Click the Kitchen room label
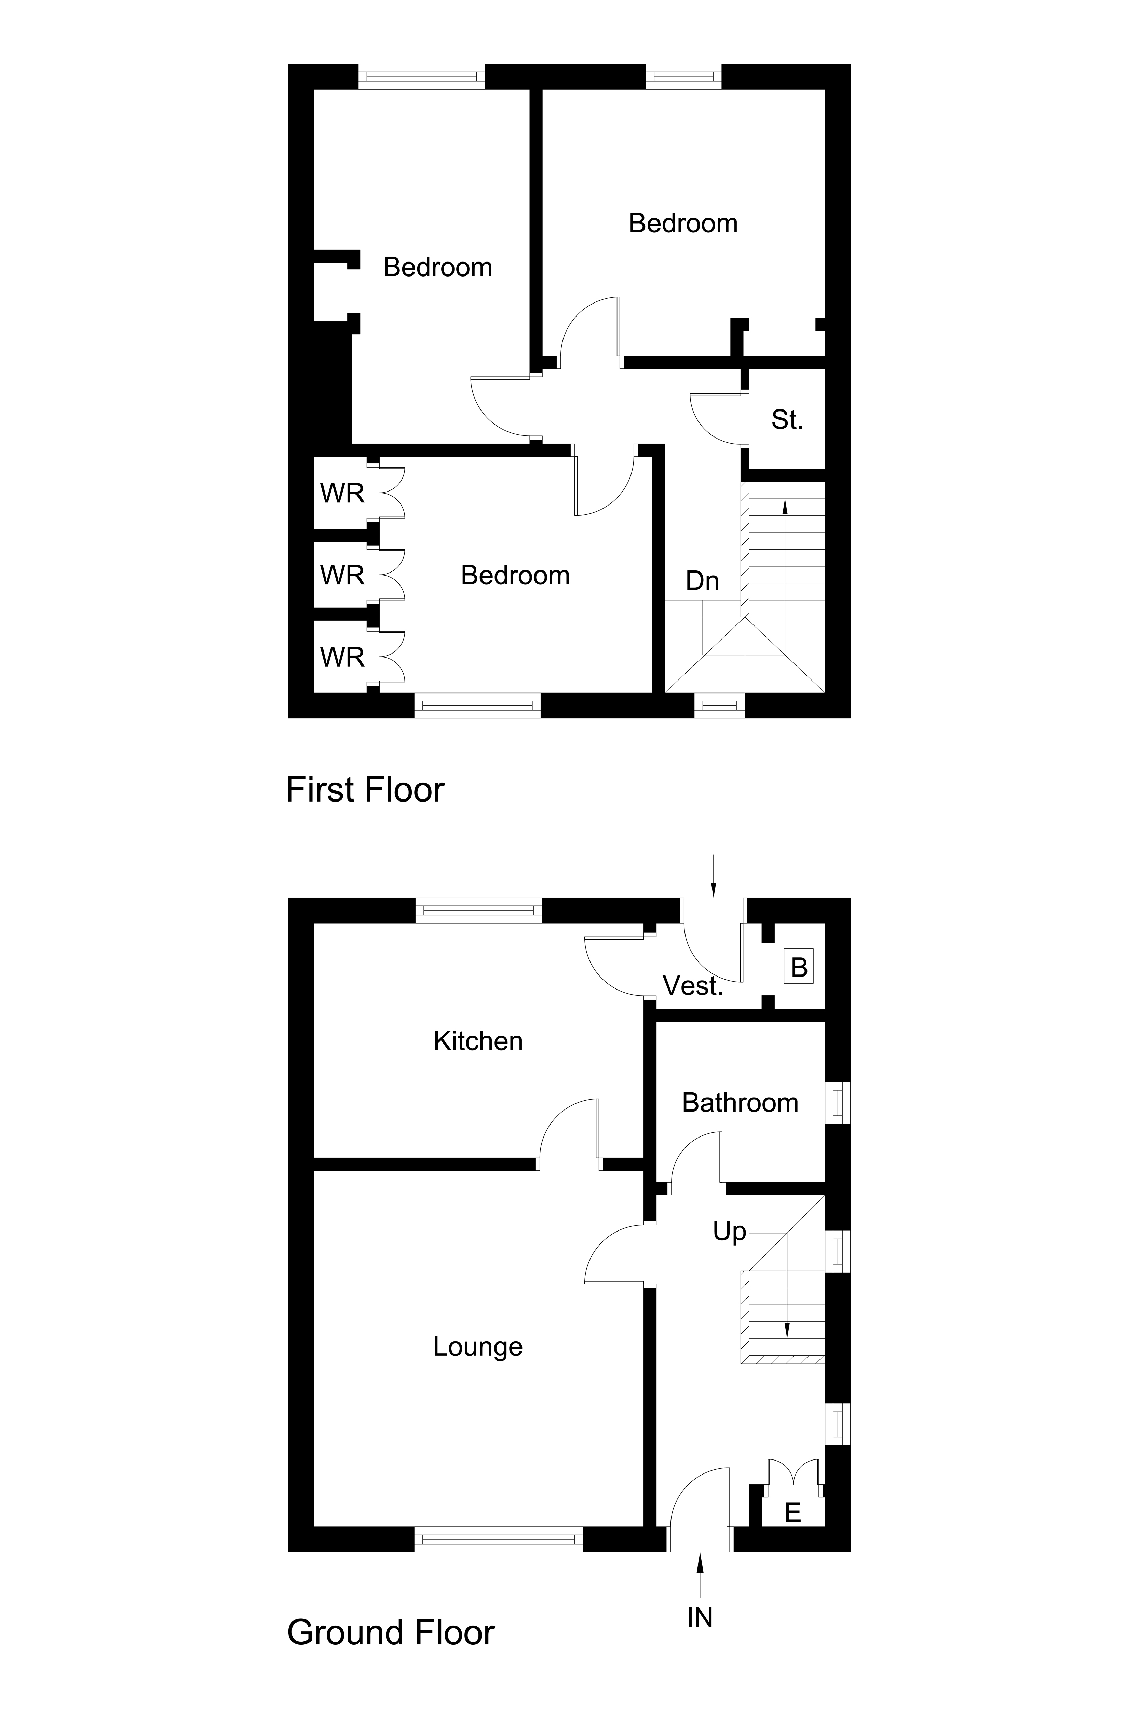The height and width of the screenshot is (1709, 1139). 478,1041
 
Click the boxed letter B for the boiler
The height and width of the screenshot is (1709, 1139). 799,967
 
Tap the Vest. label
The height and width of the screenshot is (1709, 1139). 693,986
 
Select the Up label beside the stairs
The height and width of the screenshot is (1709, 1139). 729,1232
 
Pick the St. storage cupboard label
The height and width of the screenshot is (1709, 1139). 787,420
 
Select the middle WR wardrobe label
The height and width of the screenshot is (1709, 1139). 342,576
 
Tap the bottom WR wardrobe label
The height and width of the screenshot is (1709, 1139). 342,658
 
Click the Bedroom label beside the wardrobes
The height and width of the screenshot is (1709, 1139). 515,576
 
